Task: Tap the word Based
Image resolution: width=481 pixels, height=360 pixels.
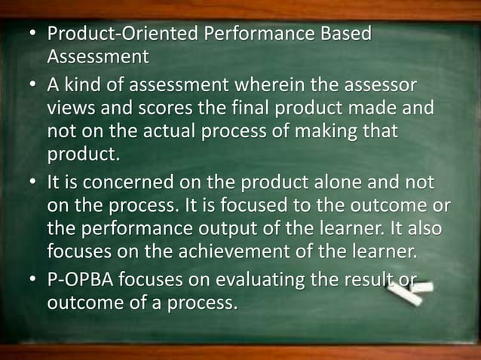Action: (x=341, y=35)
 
